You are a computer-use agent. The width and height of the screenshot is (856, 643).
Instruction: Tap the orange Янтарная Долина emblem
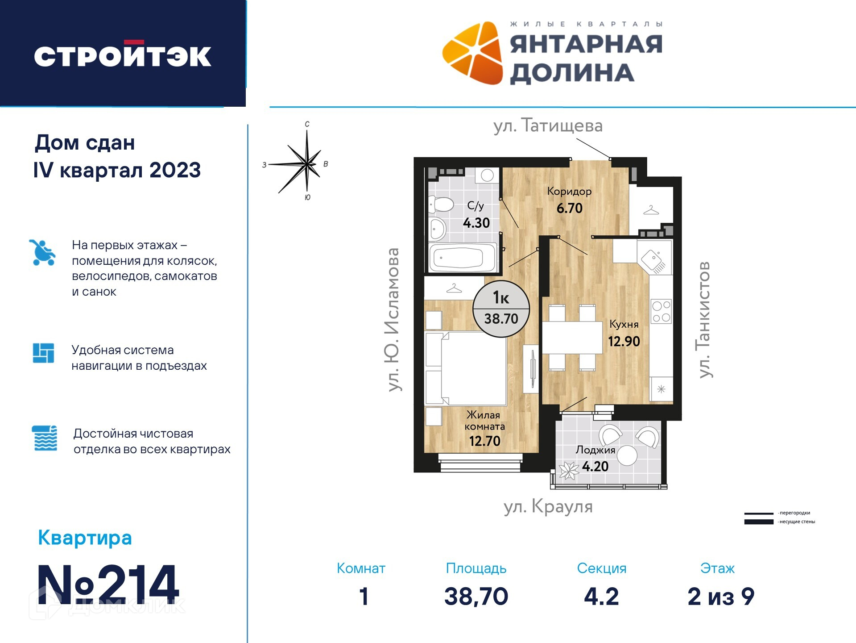pyautogui.click(x=472, y=53)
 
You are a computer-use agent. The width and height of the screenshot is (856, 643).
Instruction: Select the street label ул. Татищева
pyautogui.click(x=548, y=126)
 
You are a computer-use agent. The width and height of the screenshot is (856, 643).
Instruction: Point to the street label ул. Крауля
pyautogui.click(x=548, y=507)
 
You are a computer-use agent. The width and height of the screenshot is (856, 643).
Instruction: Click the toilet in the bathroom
pyautogui.click(x=441, y=205)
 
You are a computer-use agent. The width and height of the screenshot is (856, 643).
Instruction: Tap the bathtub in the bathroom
pyautogui.click(x=463, y=257)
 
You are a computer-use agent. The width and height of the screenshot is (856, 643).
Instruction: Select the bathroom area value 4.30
pyautogui.click(x=476, y=223)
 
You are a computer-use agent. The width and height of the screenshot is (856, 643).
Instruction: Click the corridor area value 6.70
pyautogui.click(x=570, y=208)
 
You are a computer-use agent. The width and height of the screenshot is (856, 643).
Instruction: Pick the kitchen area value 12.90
pyautogui.click(x=624, y=342)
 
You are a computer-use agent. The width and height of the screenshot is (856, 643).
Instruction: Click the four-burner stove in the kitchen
pyautogui.click(x=661, y=311)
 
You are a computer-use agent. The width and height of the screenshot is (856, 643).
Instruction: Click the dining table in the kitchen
pyautogui.click(x=572, y=338)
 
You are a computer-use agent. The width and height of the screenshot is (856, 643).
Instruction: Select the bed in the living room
pyautogui.click(x=466, y=368)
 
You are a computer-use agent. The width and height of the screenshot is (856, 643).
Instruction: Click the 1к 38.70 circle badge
pyautogui.click(x=501, y=309)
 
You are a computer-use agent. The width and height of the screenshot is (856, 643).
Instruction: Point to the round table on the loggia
pyautogui.click(x=627, y=455)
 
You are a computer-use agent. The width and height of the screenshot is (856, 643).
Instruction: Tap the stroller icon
pyautogui.click(x=42, y=252)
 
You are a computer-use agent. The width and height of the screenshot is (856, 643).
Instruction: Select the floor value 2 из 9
pyautogui.click(x=721, y=596)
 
